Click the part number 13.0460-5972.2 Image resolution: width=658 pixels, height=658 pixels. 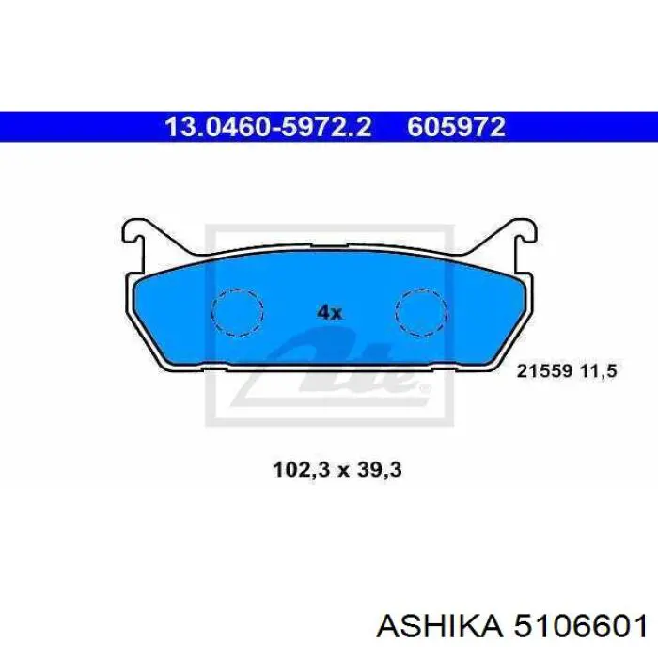[x=269, y=127]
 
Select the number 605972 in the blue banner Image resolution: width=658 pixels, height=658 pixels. [x=456, y=127]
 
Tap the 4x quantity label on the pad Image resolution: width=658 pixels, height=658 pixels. [x=329, y=312]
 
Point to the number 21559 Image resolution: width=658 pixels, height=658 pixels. [x=544, y=371]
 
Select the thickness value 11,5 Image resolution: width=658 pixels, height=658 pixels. [x=600, y=371]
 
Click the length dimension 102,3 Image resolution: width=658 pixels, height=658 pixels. [x=302, y=470]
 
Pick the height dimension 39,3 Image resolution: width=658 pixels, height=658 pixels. [x=380, y=470]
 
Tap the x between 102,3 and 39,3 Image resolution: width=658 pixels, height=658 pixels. [x=343, y=472]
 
